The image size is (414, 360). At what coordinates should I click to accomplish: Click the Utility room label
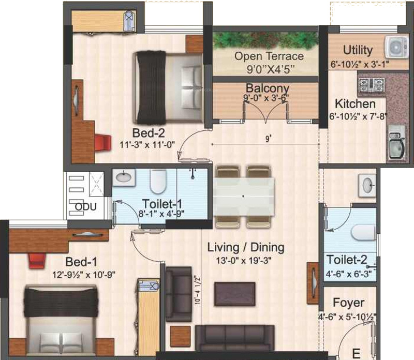(x=358, y=50)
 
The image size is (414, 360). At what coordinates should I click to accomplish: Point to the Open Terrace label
(x=269, y=56)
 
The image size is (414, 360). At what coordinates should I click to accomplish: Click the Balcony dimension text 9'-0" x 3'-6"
(x=266, y=97)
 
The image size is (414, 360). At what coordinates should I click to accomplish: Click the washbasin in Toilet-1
(x=123, y=177)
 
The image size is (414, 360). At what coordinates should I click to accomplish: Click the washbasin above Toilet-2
(x=366, y=184)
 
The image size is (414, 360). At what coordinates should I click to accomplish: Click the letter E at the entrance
(x=356, y=354)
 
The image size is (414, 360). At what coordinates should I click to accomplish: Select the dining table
(x=243, y=196)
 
